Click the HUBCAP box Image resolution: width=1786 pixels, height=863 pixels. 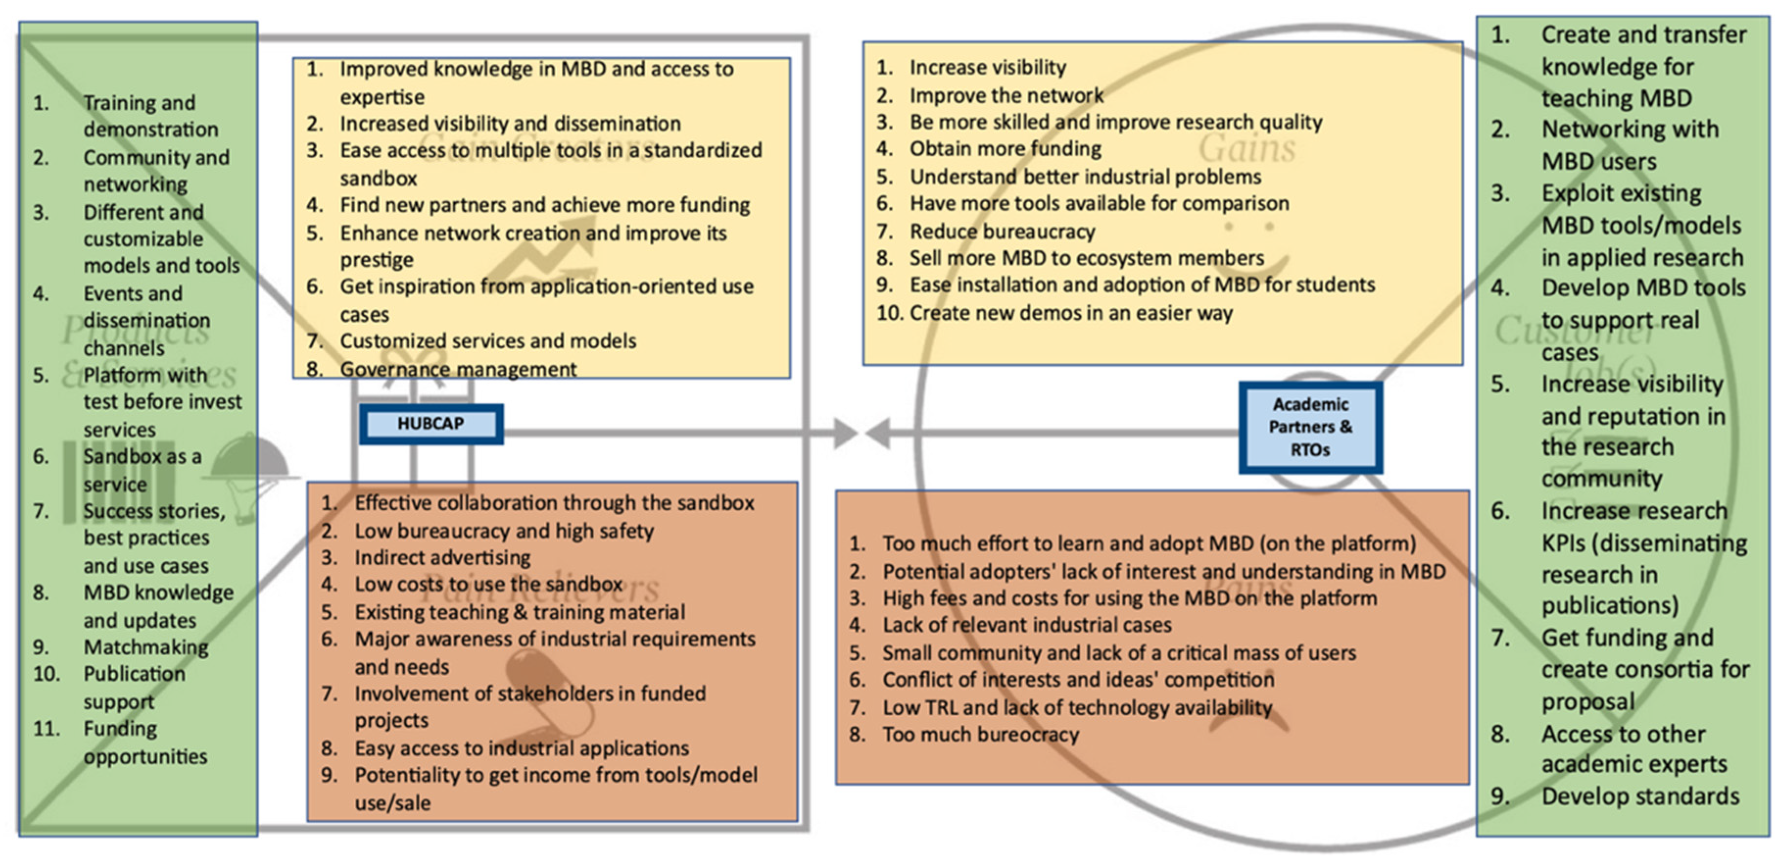point(430,424)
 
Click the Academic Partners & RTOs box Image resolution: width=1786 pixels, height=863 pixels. point(1310,428)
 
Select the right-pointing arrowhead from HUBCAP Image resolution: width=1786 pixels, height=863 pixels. point(844,433)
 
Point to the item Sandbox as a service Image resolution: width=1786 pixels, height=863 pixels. point(142,470)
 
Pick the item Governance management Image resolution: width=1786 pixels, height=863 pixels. point(457,369)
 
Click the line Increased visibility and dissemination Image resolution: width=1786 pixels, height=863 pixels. point(510,123)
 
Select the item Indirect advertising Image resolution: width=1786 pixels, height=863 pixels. point(442,557)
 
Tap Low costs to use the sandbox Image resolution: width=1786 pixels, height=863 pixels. point(488,584)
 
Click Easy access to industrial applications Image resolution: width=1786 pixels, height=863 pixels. point(522,748)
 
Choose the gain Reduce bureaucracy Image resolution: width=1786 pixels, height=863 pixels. point(1002,231)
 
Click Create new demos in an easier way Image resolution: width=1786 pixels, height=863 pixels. point(1071,312)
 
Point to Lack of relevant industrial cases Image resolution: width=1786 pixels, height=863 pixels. point(1026,624)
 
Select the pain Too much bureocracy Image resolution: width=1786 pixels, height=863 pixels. point(979,734)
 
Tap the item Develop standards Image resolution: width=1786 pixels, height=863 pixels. point(1640,796)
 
